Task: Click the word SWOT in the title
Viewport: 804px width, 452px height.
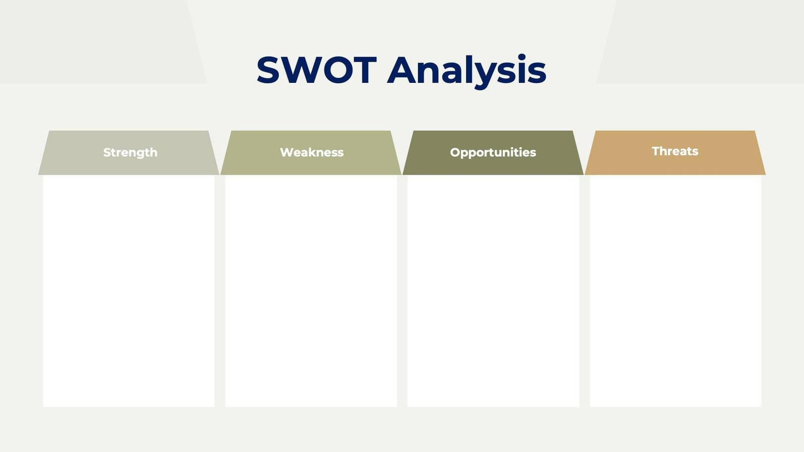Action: [x=316, y=70]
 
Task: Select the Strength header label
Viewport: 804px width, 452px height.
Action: [x=130, y=152]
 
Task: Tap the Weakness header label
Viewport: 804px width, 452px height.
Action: [x=312, y=152]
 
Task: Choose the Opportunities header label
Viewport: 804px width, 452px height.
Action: [x=493, y=152]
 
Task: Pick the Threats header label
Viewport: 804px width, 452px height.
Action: [x=675, y=151]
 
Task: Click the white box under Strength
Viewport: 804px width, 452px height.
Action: [x=129, y=291]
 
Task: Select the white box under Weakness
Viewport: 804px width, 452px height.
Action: [x=311, y=291]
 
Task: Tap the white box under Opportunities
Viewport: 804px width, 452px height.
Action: [x=493, y=291]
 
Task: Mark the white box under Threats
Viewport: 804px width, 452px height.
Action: [x=675, y=291]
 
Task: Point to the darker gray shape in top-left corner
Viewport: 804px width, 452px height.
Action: [x=94, y=40]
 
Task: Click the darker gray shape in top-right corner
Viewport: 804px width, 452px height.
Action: [x=705, y=40]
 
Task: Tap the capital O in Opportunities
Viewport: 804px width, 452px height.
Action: [x=455, y=152]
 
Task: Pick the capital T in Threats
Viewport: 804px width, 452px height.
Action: [x=656, y=151]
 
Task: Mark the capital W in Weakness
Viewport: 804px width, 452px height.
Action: [x=286, y=152]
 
